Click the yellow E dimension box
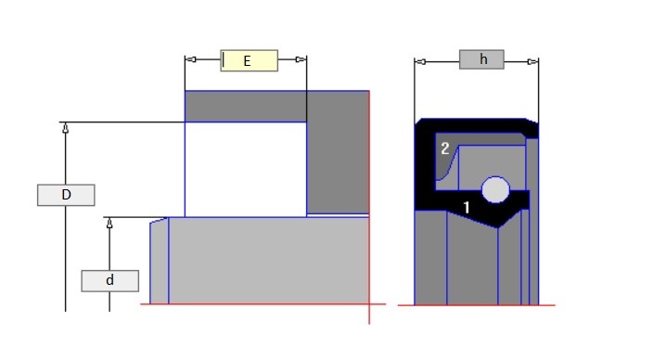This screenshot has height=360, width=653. [x=249, y=61]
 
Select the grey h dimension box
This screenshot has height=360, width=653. [x=481, y=59]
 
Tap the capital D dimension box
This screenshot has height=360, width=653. [x=66, y=195]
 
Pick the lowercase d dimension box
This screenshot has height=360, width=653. [x=110, y=281]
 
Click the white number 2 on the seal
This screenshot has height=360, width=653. [x=445, y=148]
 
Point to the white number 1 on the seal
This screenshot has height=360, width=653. [x=467, y=207]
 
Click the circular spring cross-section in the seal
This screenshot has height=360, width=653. [x=495, y=189]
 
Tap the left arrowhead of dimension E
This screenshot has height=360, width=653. [x=190, y=59]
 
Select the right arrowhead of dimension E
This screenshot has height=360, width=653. [x=301, y=59]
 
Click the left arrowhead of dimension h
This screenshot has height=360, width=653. [x=420, y=62]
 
